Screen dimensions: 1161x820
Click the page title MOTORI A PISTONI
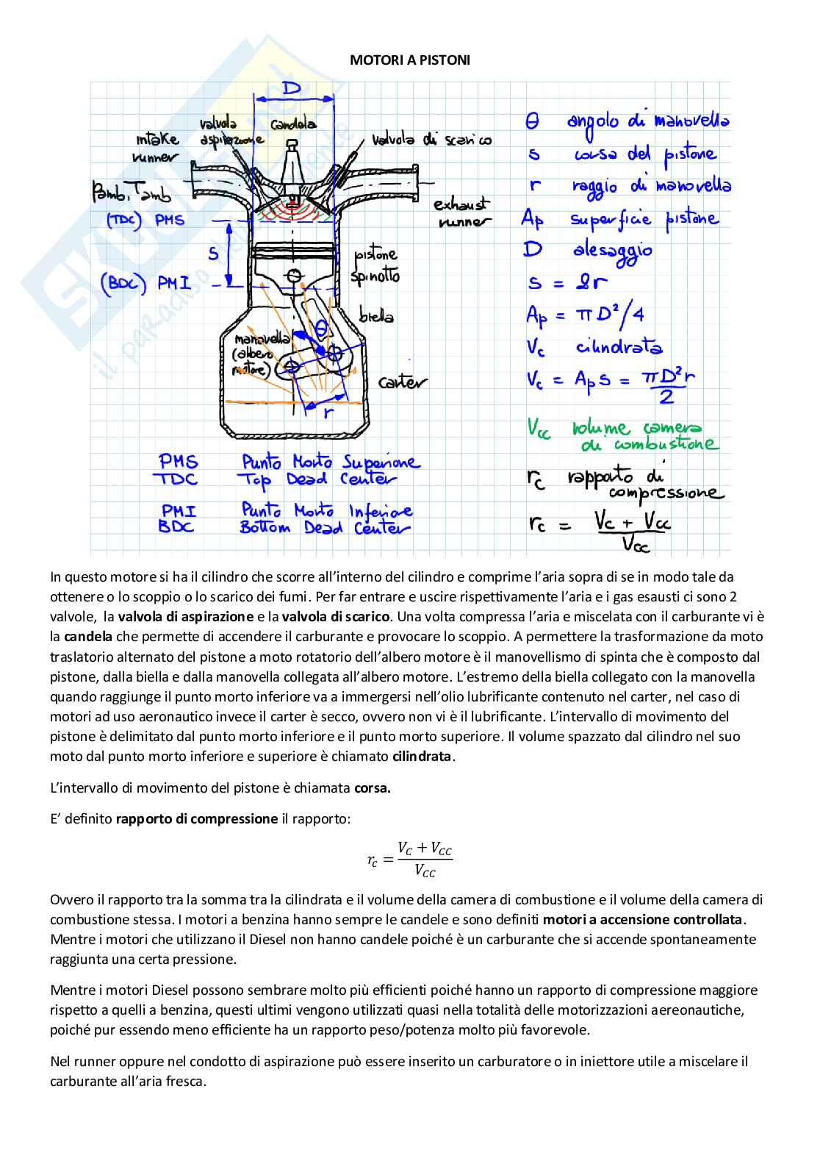(409, 60)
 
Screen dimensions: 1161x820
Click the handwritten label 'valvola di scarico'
(432, 140)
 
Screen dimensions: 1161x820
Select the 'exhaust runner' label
(461, 212)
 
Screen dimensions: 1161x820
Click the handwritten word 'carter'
(402, 382)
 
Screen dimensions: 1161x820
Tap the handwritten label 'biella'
(376, 316)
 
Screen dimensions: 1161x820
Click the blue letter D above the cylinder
(292, 89)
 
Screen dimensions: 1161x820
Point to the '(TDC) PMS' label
(145, 220)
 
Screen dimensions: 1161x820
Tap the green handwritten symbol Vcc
(539, 428)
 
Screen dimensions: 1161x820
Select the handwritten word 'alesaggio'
(612, 250)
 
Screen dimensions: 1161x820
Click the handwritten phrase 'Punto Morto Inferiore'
(326, 510)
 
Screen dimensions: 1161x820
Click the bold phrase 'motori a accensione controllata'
(643, 919)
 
